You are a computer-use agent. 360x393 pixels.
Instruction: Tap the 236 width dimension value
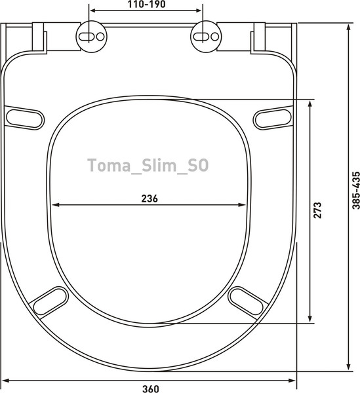tap(150, 198)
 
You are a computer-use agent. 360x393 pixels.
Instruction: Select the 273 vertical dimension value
tap(317, 210)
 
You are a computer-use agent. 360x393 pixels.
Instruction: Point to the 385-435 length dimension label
tap(355, 191)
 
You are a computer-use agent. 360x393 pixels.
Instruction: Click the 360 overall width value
tap(151, 387)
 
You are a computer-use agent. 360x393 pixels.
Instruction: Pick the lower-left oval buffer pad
tap(50, 303)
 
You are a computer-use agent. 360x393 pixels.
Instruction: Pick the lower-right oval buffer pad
tap(247, 303)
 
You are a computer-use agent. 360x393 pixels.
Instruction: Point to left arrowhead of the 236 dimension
tap(56, 204)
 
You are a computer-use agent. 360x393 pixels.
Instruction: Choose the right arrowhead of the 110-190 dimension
tap(199, 11)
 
